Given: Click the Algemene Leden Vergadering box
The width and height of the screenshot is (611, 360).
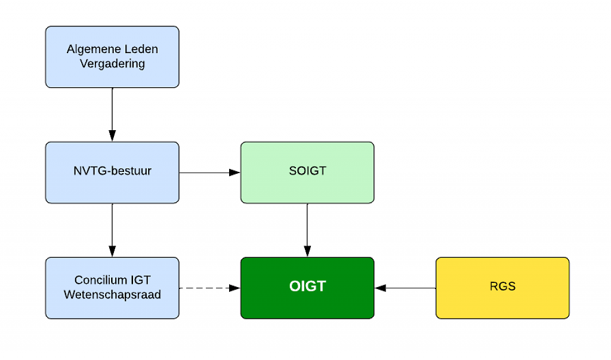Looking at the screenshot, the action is (112, 57).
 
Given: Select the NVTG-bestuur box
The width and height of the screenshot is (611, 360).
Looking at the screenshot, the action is (112, 173).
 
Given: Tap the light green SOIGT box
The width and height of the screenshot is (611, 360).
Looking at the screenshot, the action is (307, 173).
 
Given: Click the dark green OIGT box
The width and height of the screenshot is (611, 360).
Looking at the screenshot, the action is (307, 288).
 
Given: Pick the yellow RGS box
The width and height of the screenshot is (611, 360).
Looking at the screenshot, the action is (502, 288).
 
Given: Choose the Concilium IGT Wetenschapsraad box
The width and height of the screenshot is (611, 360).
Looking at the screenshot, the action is (112, 288).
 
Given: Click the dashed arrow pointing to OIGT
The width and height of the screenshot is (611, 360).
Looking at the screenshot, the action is (209, 288).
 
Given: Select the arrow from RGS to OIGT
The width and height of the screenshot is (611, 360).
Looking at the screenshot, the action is (405, 288).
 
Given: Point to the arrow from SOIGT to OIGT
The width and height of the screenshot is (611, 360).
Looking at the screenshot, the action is (307, 230).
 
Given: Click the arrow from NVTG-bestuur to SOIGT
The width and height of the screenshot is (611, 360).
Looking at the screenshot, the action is (209, 173).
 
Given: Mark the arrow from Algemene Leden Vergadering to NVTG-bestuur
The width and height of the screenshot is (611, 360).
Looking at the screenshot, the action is (112, 115).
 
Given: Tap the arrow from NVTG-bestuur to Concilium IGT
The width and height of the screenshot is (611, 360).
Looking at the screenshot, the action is (112, 230).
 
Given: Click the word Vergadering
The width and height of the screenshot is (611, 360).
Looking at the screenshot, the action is (112, 63).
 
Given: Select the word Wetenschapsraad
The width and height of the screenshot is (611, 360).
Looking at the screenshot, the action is (112, 294).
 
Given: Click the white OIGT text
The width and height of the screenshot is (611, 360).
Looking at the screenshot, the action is (307, 287).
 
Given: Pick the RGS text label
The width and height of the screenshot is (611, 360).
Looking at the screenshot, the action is (502, 287).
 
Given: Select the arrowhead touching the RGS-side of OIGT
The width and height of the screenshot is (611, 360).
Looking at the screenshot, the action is (380, 288).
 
